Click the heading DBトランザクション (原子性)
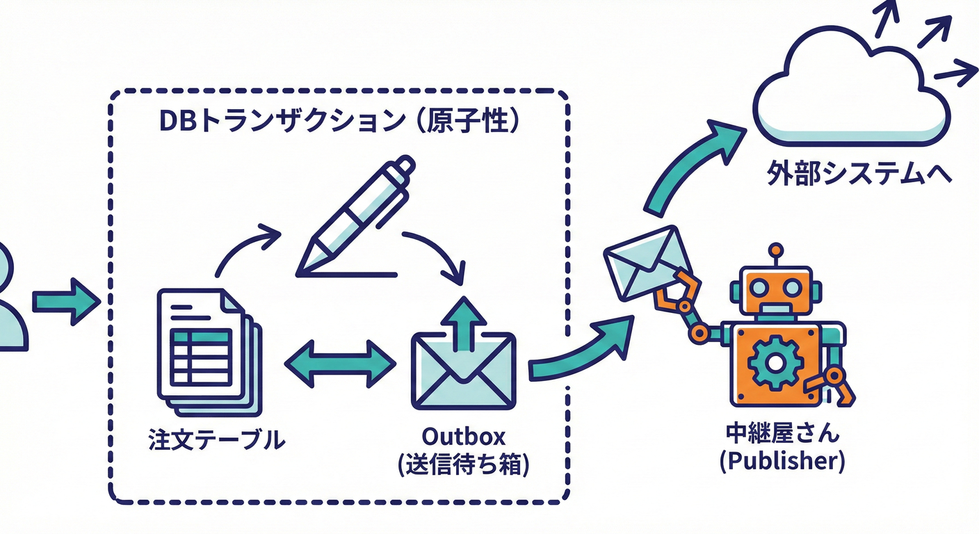click(339, 120)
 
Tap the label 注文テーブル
click(217, 439)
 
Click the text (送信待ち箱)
click(464, 464)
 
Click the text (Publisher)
click(782, 462)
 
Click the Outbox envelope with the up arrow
click(464, 362)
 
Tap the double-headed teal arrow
click(341, 363)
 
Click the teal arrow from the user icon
click(64, 301)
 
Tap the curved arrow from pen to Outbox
click(438, 256)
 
